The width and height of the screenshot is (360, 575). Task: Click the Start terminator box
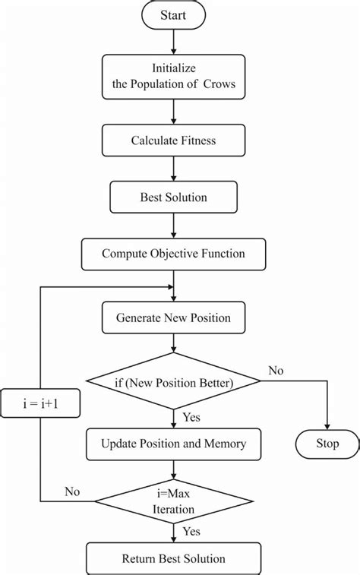click(173, 15)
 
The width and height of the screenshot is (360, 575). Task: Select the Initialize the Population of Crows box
click(173, 77)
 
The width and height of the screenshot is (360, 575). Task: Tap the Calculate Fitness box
click(173, 141)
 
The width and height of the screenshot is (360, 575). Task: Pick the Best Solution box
click(173, 197)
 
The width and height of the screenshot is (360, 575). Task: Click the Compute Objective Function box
click(173, 254)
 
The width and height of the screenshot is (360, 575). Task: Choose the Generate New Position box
click(173, 318)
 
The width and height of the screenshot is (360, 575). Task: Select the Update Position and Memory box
click(173, 443)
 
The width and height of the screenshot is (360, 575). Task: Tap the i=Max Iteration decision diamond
click(173, 502)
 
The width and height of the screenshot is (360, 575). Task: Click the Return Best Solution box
click(173, 559)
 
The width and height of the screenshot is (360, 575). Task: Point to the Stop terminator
click(327, 444)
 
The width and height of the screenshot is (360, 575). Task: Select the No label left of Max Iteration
click(72, 491)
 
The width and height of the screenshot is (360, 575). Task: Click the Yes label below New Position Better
click(191, 416)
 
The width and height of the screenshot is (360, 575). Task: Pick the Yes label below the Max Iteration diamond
click(191, 532)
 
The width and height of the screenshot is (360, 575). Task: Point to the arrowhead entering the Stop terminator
click(327, 426)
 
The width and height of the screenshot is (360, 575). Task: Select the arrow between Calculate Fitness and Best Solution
click(173, 169)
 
